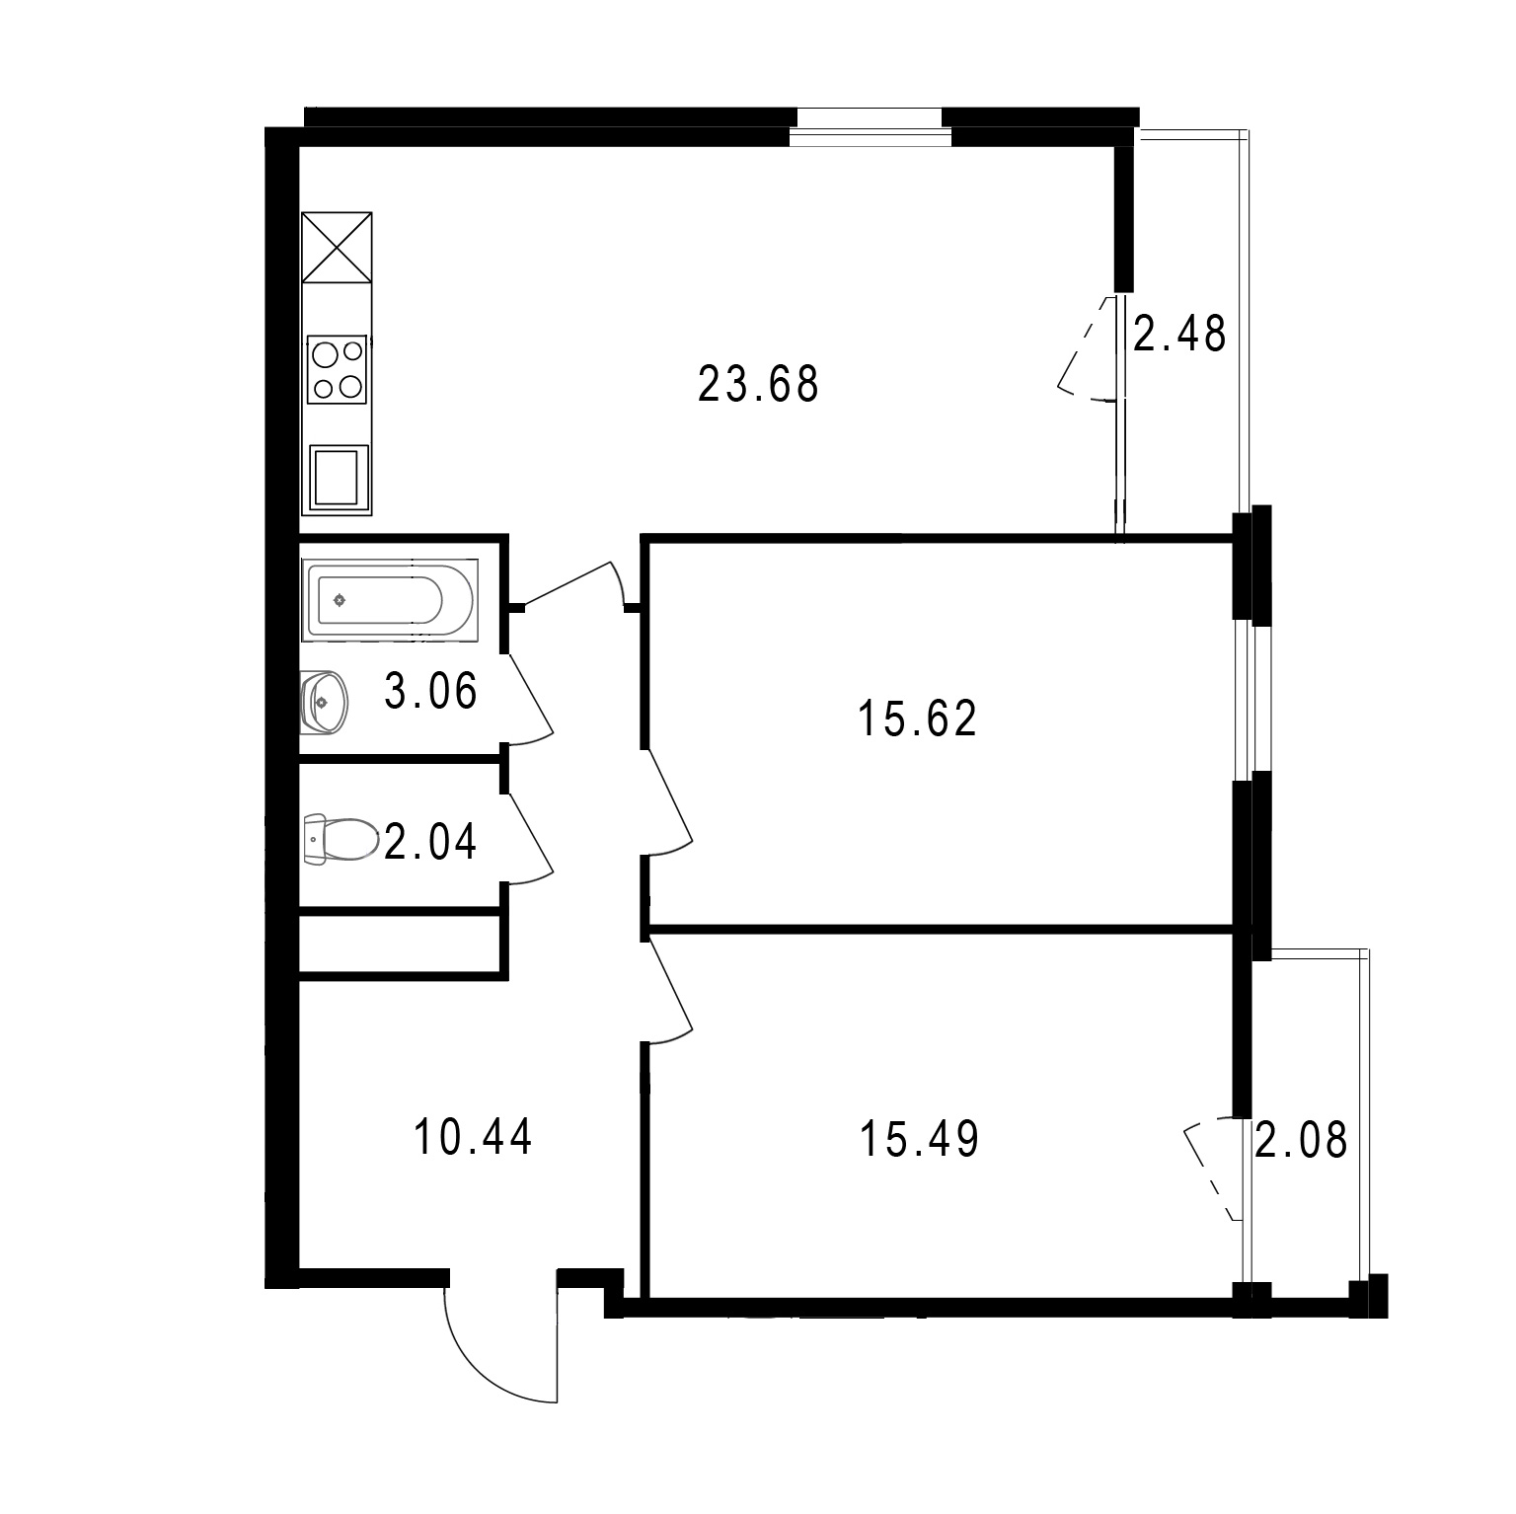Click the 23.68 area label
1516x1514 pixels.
point(758,384)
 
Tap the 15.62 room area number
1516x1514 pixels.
point(917,719)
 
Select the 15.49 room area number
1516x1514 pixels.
point(919,1139)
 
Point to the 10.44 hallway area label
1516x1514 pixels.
point(473,1136)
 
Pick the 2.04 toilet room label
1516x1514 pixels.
point(430,842)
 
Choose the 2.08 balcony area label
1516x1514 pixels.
point(1301,1140)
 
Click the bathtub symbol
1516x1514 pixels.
point(392,599)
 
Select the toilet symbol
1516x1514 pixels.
point(341,839)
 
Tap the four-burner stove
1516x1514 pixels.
point(339,370)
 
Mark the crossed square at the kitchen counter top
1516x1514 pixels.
point(337,247)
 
